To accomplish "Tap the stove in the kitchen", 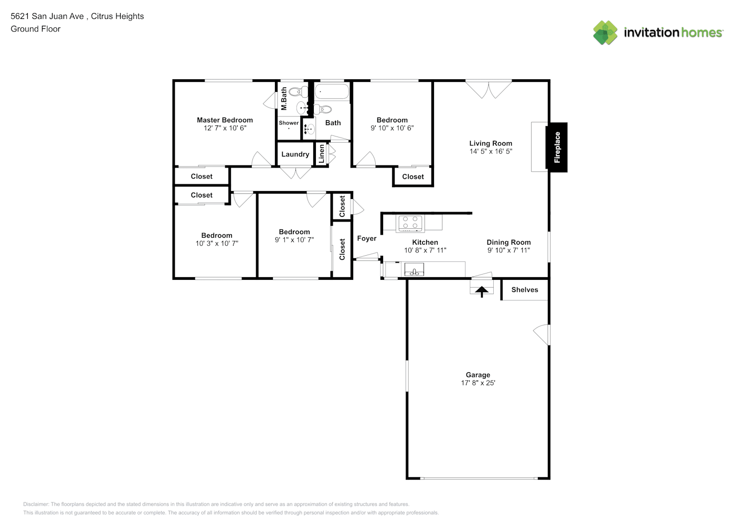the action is coord(410,223).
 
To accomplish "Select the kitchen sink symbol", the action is coord(414,269).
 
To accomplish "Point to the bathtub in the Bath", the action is coord(332,91).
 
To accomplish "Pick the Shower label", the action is coord(289,123).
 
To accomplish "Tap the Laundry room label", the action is coord(295,154).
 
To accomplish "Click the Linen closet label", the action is coord(321,154).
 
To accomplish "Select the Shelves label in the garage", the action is coord(525,290).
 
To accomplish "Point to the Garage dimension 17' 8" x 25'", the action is coord(478,383).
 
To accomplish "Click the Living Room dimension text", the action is coord(491,152).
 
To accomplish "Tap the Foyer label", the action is coord(367,239).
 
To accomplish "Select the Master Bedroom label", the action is coord(225,120).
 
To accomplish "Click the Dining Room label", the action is coord(508,242).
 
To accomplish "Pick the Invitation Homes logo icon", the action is coord(605,33).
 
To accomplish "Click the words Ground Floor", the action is coord(36,29).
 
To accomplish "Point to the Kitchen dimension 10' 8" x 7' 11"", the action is coord(425,250).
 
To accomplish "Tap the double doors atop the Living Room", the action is coord(489,89).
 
